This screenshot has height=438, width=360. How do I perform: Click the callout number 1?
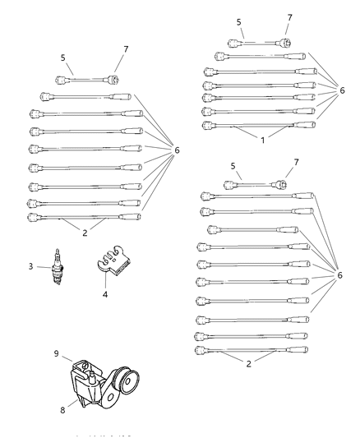pyautogui.click(x=263, y=141)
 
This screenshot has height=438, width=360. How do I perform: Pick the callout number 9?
pyautogui.click(x=57, y=355)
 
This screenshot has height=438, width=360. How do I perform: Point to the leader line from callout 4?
pyautogui.click(x=104, y=281)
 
